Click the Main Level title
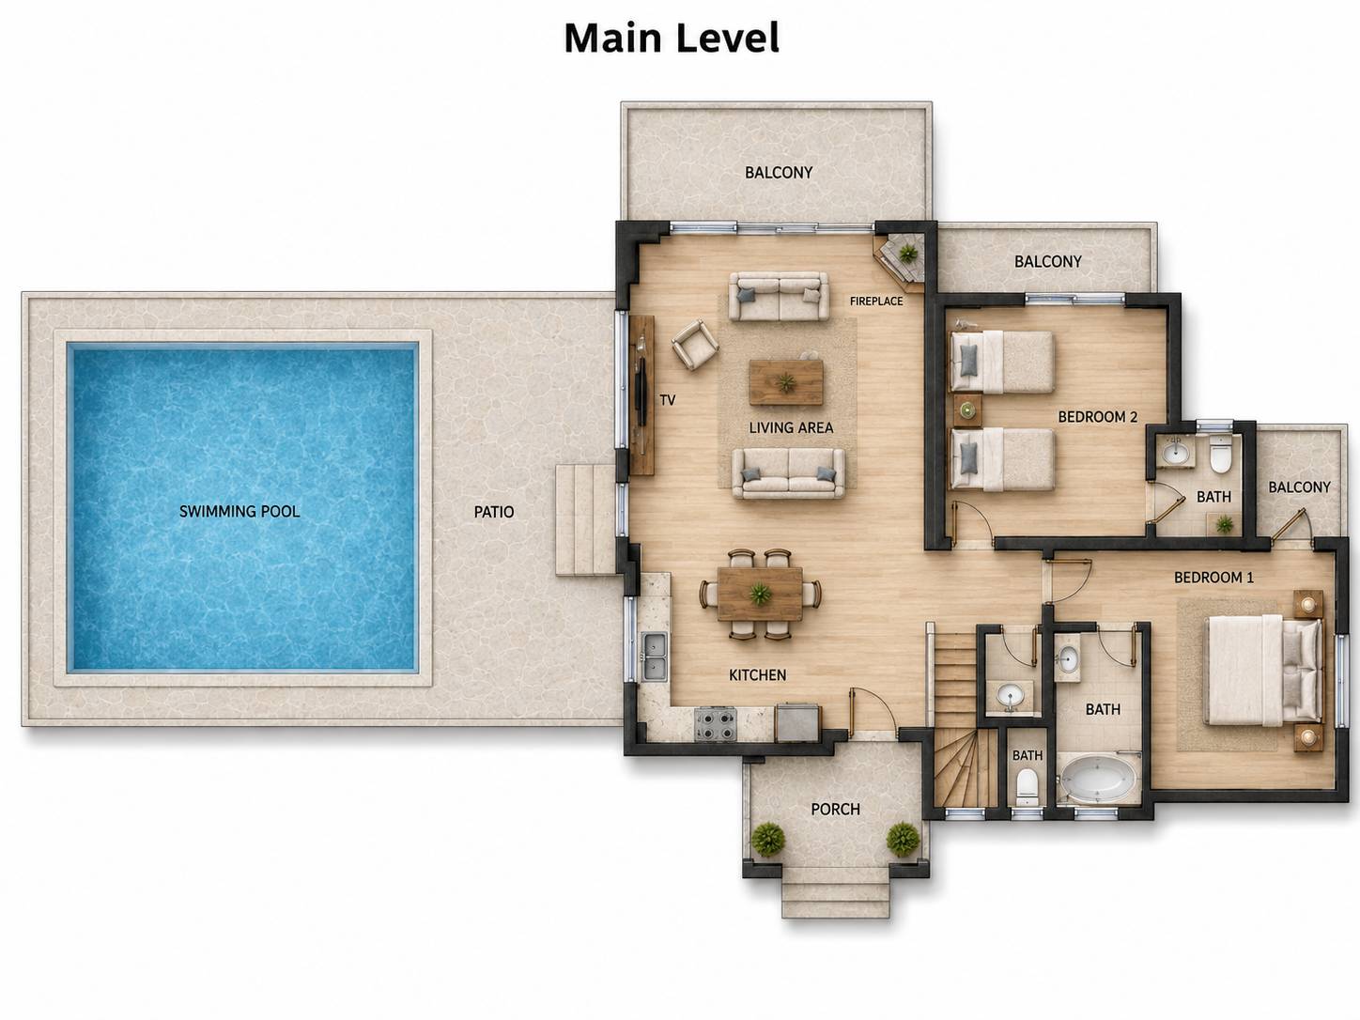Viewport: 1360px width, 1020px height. pyautogui.click(x=672, y=38)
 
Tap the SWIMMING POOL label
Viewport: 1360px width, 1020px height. pyautogui.click(x=240, y=512)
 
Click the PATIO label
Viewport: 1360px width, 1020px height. pyautogui.click(x=494, y=512)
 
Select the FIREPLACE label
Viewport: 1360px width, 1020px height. pyautogui.click(x=876, y=301)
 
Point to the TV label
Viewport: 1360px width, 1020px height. pyautogui.click(x=667, y=401)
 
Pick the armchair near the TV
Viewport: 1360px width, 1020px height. pyautogui.click(x=695, y=345)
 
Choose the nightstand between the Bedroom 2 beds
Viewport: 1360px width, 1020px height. pyautogui.click(x=966, y=410)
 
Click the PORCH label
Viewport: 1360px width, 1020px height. pyautogui.click(x=835, y=810)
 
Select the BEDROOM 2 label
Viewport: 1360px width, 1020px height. pyautogui.click(x=1097, y=417)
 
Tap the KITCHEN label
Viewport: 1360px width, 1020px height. pyautogui.click(x=757, y=675)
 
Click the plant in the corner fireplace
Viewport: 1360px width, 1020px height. pyautogui.click(x=908, y=253)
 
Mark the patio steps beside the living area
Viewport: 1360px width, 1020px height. pyautogui.click(x=585, y=519)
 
